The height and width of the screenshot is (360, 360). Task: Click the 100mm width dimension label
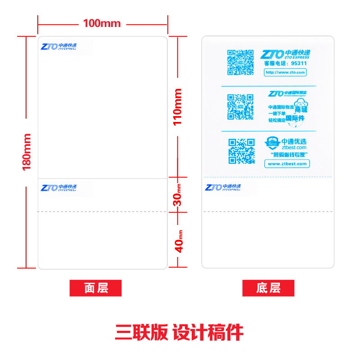(102, 23)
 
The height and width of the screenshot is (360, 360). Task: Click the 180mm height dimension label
(27, 152)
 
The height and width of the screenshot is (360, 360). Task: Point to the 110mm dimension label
(178, 107)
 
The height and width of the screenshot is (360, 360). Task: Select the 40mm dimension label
(179, 240)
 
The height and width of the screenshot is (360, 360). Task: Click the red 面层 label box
(95, 288)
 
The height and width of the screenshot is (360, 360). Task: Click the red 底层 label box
(268, 288)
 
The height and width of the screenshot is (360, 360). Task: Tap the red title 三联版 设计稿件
(179, 333)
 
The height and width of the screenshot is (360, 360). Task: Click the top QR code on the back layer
(240, 62)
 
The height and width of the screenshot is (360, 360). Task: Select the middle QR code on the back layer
(240, 107)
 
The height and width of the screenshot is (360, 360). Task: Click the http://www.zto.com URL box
(285, 72)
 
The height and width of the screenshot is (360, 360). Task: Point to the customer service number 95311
(298, 63)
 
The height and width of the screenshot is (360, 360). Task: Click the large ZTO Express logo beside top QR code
(285, 54)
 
